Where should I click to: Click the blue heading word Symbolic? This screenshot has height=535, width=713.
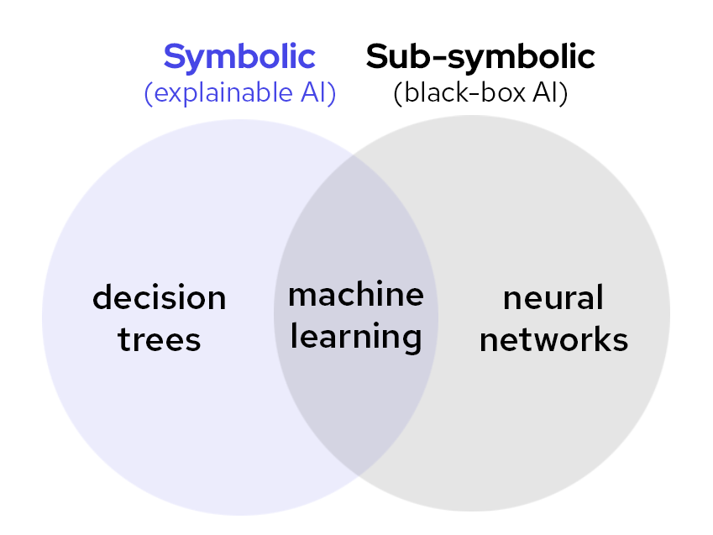(x=239, y=57)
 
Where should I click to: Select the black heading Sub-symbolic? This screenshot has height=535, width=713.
(x=480, y=57)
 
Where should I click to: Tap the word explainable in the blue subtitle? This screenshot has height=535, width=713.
(x=226, y=92)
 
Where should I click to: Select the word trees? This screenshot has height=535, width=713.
(x=159, y=340)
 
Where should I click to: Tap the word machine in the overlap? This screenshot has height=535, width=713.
(x=356, y=295)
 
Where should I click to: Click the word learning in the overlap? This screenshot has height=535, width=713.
(x=356, y=338)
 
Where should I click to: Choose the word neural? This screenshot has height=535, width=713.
(x=553, y=297)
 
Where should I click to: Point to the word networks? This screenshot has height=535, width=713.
(x=553, y=340)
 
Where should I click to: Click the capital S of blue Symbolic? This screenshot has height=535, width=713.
(x=175, y=57)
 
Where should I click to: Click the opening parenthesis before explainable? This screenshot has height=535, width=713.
(x=149, y=93)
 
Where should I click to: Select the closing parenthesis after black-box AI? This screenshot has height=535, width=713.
(x=564, y=93)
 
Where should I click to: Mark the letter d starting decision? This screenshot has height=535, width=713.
(x=102, y=297)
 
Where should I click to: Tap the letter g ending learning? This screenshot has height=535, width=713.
(x=411, y=340)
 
